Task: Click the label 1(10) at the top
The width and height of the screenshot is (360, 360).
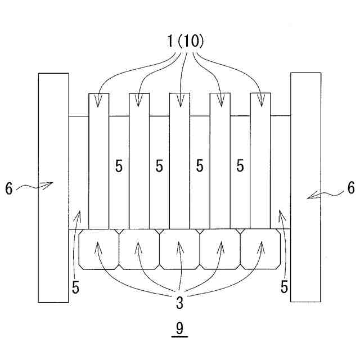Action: (179, 40)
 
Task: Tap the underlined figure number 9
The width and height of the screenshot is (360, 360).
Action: (179, 328)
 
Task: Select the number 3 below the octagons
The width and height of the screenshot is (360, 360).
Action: (179, 303)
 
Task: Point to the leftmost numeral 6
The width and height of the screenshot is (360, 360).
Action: (9, 189)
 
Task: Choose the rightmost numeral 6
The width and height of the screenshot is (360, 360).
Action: (350, 188)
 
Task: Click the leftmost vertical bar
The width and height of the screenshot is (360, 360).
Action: (99, 160)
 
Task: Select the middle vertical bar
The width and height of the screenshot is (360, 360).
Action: (179, 160)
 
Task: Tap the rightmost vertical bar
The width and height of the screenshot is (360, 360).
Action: (260, 160)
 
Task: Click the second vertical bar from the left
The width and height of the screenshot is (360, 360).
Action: (139, 160)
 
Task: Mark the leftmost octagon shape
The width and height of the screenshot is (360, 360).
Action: (99, 249)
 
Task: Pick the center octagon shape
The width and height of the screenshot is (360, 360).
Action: (179, 249)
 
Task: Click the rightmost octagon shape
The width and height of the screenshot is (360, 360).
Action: (260, 249)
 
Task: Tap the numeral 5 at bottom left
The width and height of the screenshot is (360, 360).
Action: (75, 287)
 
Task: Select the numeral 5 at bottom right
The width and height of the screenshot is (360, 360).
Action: (285, 287)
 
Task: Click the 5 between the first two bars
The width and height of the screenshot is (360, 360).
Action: (119, 166)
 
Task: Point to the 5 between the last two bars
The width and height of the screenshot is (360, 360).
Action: (240, 166)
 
